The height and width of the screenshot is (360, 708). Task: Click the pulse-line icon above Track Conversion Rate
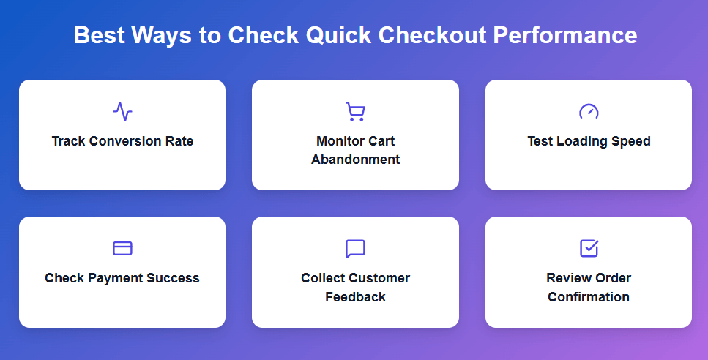pos(122,111)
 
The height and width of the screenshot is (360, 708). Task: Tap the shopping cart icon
pos(355,111)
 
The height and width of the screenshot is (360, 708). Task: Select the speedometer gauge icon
pos(589,111)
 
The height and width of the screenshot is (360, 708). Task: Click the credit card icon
pos(122,248)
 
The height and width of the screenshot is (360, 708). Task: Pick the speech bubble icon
pos(355,248)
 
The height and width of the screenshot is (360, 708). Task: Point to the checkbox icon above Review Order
pos(589,248)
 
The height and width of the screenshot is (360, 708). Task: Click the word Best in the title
pos(98,35)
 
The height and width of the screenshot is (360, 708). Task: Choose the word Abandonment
pos(355,160)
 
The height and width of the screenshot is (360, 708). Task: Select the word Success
pos(173,278)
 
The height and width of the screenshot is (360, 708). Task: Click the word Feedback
pos(355,296)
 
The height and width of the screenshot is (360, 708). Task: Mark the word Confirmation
pos(589,296)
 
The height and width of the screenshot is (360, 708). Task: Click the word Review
pos(568,278)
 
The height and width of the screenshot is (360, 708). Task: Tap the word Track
pos(69,141)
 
